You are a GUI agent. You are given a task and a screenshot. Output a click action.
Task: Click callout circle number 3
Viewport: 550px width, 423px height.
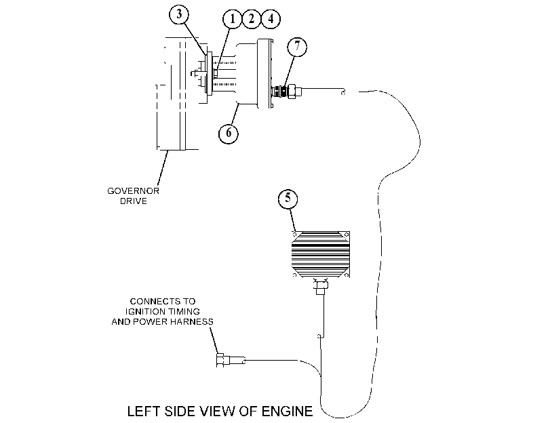[x=179, y=14]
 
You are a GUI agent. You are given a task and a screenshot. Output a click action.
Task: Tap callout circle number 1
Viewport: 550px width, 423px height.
[x=232, y=18]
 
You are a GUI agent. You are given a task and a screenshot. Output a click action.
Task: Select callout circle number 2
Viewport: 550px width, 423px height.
[x=251, y=18]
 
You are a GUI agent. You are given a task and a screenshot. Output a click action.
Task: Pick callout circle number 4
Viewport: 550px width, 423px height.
[x=271, y=18]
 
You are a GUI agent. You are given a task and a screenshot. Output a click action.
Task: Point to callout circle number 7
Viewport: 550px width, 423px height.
[x=297, y=47]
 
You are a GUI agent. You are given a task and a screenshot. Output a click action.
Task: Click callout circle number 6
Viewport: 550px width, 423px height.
[x=229, y=133]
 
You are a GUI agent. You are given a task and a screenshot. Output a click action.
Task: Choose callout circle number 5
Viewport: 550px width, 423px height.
[x=288, y=199]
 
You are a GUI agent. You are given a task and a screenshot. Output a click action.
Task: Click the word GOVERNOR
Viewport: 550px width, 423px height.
[x=134, y=191]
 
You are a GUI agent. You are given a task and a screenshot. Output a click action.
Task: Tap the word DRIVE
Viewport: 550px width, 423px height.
[x=134, y=201]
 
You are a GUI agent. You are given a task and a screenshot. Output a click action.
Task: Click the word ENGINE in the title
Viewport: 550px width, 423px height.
[x=287, y=411]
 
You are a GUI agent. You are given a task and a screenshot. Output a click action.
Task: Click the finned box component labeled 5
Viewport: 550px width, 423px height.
[x=321, y=254]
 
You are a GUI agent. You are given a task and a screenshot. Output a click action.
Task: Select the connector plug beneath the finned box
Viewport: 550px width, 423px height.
[x=321, y=285]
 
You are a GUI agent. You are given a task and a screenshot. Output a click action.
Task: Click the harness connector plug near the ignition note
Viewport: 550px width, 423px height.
[x=231, y=360]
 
